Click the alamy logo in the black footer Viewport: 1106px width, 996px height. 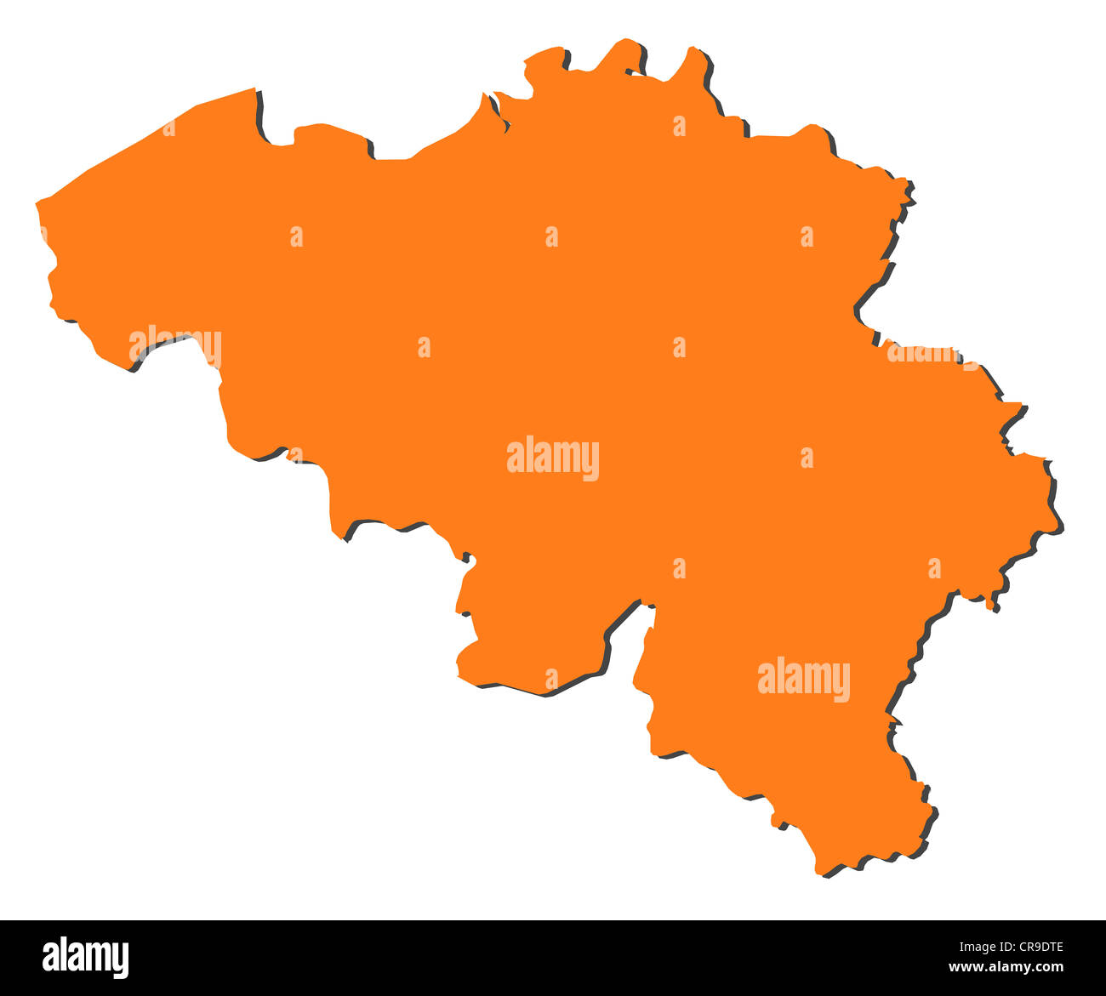85,957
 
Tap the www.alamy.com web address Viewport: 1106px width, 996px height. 1005,967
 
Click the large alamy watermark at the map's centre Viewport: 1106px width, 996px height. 553,458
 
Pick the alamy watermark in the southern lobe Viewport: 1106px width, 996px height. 803,679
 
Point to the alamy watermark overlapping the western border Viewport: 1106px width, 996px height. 175,346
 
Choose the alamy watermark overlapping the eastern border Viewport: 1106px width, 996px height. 932,352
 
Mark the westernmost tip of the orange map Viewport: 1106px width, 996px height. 37,204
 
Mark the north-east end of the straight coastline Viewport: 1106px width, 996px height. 254,89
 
